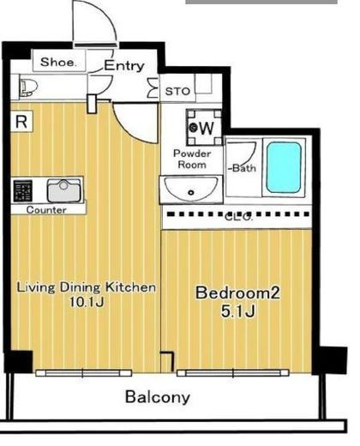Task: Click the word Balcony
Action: pos(158,397)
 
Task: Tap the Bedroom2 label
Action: pos(237,292)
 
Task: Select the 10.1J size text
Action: pos(87,302)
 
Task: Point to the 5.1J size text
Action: pos(237,311)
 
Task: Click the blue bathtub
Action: pos(284,167)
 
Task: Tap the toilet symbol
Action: pos(29,87)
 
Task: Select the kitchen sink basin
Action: pos(63,190)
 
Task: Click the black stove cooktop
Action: pos(23,191)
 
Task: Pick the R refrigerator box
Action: pos(21,122)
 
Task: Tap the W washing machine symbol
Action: pos(204,128)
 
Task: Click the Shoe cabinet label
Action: pos(58,62)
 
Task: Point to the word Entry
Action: pos(124,66)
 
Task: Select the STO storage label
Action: pos(177,92)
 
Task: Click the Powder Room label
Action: pos(192,159)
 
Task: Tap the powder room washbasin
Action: pos(191,189)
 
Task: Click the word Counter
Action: pos(46,210)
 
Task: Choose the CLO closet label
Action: pos(238,216)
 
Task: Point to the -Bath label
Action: pos(242,168)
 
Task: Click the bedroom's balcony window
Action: pos(233,373)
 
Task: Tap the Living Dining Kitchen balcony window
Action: pos(83,373)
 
